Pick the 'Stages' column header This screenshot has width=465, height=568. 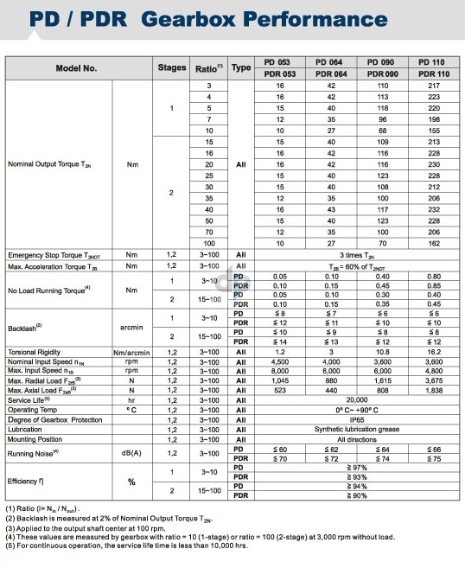point(172,68)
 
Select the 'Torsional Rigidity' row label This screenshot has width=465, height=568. point(34,353)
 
